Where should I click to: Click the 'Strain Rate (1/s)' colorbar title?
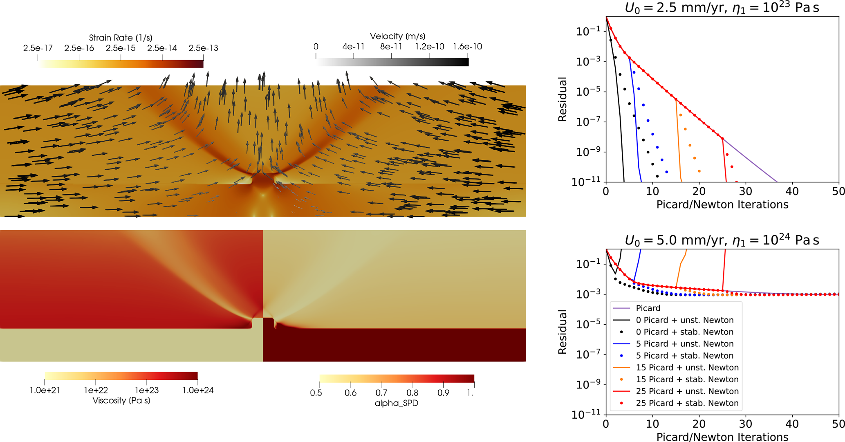point(121,38)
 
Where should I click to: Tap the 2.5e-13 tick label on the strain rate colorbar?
point(203,48)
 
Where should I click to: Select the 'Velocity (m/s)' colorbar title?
point(397,36)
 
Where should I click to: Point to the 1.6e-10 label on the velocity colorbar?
point(467,47)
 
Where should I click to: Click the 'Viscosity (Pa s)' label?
point(121,400)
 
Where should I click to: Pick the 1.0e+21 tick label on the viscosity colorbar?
point(45,390)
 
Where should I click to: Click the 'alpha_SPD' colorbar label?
point(396,403)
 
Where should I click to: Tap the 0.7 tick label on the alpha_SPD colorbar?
point(381,393)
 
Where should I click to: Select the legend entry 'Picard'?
point(648,308)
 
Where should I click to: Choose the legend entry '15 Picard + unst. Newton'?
point(687,367)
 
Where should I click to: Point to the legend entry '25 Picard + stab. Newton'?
point(687,403)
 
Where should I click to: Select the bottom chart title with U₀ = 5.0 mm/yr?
point(722,240)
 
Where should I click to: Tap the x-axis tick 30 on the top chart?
point(746,191)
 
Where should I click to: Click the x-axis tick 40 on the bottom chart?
point(792,424)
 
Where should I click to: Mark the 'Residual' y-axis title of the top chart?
point(563,99)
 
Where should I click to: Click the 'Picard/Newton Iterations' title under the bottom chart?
point(722,437)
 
